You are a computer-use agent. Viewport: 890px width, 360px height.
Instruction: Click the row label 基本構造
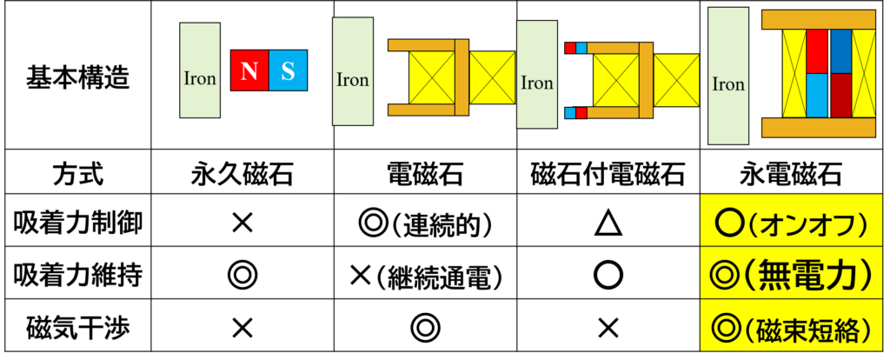coord(77,77)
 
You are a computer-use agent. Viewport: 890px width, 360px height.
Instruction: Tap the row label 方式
coord(77,175)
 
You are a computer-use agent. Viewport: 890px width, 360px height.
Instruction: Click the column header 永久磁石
coord(242,175)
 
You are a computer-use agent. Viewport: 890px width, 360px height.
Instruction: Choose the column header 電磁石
coord(424,175)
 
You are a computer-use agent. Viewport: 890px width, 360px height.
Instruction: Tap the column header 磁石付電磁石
coord(608,175)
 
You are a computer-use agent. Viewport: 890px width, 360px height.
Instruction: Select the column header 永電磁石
coord(791,175)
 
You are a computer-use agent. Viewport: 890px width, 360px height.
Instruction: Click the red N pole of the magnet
coord(249,70)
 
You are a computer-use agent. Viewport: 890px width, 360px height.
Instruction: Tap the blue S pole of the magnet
coord(289,70)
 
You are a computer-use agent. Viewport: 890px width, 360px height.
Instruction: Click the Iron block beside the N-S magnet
coord(200,70)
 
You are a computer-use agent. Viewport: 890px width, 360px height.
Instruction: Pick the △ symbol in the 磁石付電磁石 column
coord(608,224)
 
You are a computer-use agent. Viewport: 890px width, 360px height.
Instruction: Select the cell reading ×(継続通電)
coord(424,276)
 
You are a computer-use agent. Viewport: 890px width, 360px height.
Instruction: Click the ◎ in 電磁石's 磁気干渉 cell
coord(424,327)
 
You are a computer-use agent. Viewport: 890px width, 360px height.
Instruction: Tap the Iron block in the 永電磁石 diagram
coord(728,77)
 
